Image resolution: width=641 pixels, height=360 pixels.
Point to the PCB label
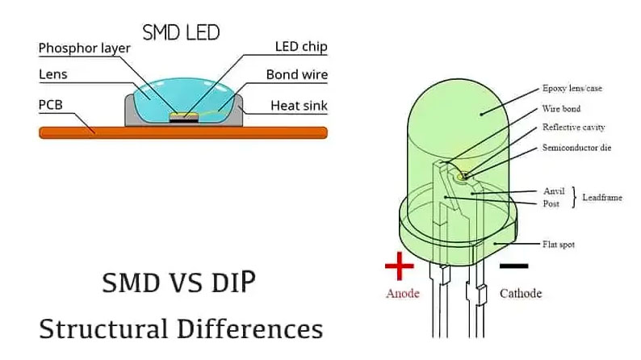[x=52, y=105]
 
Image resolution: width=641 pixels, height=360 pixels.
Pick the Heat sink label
[x=298, y=105]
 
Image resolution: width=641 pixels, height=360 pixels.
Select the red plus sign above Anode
[x=399, y=266]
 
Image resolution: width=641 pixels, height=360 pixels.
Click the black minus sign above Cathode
[x=513, y=265]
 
